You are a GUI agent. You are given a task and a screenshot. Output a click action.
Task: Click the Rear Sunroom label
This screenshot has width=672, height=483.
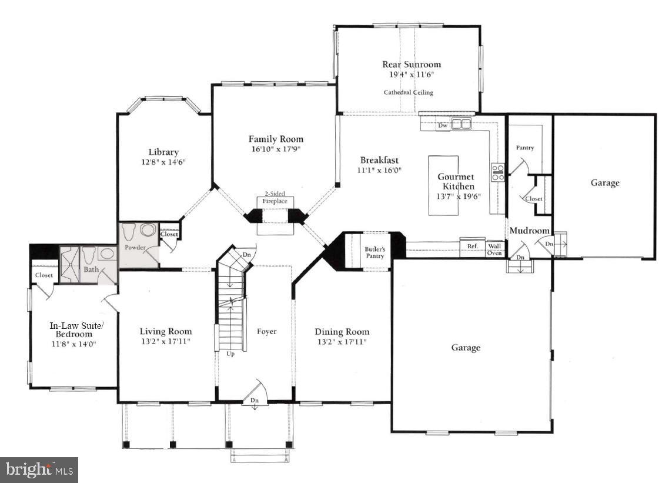pos(411,64)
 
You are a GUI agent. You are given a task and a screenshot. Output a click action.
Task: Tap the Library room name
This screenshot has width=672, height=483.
pos(163,152)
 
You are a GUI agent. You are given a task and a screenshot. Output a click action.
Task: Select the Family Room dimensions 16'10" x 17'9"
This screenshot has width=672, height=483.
pos(276,149)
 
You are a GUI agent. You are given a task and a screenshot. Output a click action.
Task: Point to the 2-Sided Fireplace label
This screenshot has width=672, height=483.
pos(275,197)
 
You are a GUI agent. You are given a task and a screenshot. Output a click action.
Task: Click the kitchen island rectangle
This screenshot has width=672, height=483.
pos(443,185)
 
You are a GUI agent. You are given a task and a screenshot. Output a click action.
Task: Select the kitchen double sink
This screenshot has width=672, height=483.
pos(462,124)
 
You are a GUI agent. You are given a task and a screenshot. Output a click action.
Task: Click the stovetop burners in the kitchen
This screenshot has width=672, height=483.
pos(497,172)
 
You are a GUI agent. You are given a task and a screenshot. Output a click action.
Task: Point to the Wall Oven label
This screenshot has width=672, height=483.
pos(494,249)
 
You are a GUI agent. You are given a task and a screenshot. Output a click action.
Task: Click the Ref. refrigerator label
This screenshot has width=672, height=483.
pos(472,247)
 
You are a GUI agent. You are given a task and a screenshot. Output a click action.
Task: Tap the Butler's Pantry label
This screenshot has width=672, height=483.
pos(375,252)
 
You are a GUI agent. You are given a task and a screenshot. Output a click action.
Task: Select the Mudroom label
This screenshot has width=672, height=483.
pos(529,231)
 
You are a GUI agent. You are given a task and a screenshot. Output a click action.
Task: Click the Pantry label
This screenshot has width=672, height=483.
pos(524,148)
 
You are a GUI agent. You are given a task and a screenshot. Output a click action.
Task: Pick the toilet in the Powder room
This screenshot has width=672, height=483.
pos(129,231)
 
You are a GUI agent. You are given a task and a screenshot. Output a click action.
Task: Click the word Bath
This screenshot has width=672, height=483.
pos(91,269)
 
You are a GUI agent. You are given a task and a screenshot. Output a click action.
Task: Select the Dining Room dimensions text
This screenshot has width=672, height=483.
pos(341,341)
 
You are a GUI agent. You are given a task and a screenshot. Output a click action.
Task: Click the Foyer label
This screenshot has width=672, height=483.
pos(266,331)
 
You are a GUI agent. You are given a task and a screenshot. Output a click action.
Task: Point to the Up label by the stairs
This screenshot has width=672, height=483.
pos(230,354)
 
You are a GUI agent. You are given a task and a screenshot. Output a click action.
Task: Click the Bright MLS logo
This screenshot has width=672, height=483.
pos(39,469)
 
